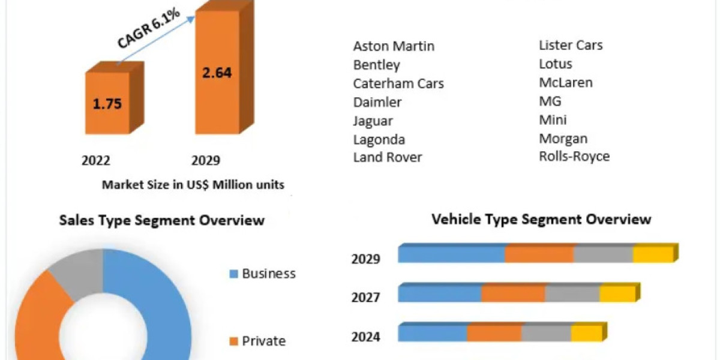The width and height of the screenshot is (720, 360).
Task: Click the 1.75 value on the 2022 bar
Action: tap(107, 103)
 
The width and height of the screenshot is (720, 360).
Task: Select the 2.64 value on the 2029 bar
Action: tap(217, 73)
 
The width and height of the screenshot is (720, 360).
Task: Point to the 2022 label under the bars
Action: tap(96, 160)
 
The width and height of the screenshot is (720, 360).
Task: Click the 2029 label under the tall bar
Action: tap(206, 160)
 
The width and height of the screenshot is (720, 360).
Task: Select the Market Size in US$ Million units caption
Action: tap(193, 185)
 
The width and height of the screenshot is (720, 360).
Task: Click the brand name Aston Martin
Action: tap(394, 46)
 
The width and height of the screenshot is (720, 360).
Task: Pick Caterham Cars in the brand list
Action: tap(398, 83)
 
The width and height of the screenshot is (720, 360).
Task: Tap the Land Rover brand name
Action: tap(388, 157)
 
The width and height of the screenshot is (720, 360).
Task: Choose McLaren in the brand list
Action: tap(566, 82)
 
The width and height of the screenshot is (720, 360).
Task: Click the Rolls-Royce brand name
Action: tap(574, 157)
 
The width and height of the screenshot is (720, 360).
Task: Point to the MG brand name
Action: tap(550, 101)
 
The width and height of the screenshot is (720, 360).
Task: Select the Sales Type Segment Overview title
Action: tap(161, 220)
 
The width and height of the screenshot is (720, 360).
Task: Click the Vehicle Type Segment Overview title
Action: tap(541, 219)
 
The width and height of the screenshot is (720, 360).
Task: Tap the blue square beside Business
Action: tap(234, 274)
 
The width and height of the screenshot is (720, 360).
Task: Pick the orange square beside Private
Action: tap(234, 342)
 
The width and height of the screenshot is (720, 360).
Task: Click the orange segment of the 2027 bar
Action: tap(513, 293)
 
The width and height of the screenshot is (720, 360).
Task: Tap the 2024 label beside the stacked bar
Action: tap(365, 337)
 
